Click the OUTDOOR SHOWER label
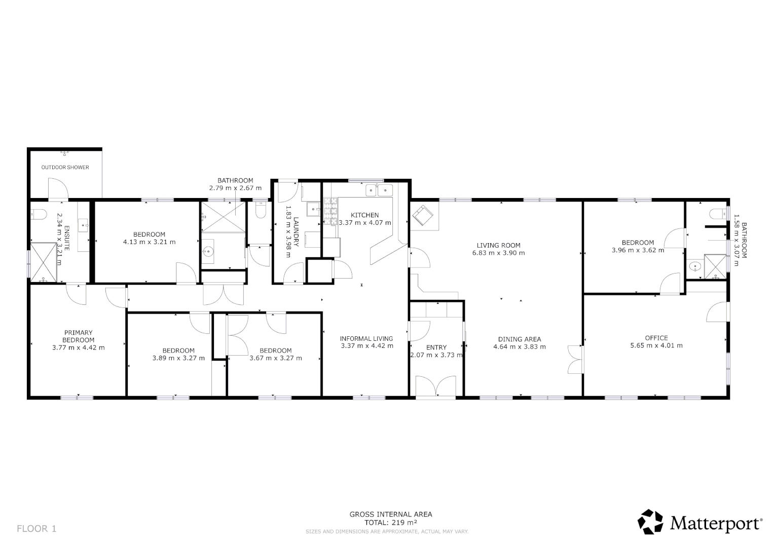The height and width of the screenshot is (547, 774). coord(65,167)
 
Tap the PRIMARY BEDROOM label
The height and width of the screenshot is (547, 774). coord(79,336)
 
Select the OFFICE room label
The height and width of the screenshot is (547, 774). coord(656,338)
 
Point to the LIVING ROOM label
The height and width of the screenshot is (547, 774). coord(498,245)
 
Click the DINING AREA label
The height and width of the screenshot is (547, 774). coord(520,339)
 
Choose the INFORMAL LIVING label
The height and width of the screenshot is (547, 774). coord(366,338)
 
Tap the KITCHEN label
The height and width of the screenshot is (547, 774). coord(364,215)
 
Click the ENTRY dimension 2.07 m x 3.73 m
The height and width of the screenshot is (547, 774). coord(436,355)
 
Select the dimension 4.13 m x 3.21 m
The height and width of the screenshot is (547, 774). coord(149,242)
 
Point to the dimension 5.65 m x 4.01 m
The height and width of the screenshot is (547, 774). coord(656,346)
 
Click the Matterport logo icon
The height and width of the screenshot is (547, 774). coord(650,522)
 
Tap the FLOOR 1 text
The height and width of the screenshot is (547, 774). coord(36,529)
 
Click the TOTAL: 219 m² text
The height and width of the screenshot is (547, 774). coord(391,522)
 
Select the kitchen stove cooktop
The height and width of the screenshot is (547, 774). coord(330,212)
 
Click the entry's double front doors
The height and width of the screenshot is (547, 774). coord(436,386)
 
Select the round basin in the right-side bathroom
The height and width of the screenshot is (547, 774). coord(694,266)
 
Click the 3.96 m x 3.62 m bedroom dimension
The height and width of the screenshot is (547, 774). coord(638,250)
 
